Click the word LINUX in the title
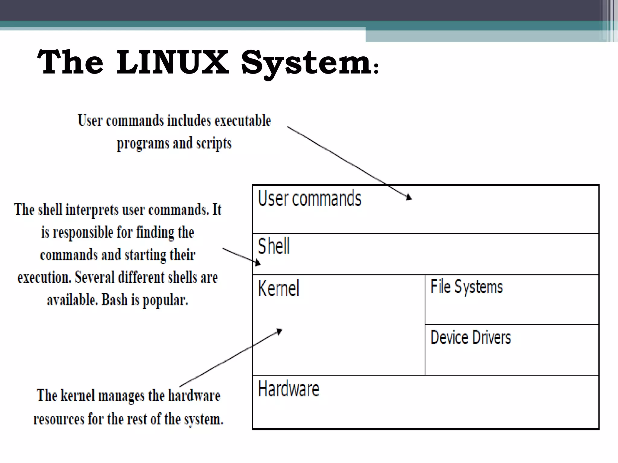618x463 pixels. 172,62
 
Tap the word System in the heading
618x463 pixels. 306,63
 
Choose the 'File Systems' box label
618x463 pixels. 467,287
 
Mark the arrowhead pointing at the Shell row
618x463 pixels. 257,263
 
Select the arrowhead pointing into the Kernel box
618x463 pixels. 279,331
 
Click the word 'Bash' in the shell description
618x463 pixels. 115,300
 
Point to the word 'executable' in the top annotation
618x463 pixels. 243,120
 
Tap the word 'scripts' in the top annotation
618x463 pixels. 214,143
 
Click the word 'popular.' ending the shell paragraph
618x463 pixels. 165,300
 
